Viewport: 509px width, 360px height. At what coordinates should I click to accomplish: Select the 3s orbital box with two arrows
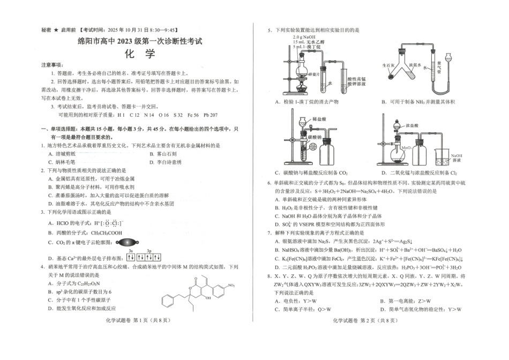point(131,257)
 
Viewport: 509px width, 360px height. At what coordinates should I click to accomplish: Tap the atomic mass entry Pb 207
point(211,115)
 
